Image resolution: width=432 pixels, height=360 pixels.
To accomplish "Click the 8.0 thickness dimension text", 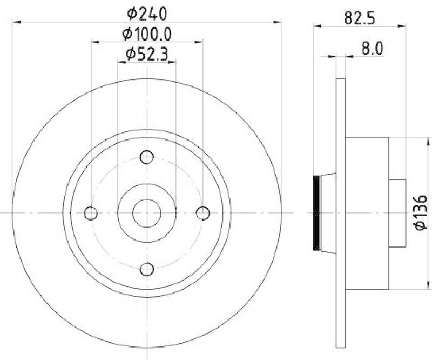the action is tap(372, 49).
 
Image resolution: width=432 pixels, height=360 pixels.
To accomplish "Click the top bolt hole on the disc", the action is tap(147, 157).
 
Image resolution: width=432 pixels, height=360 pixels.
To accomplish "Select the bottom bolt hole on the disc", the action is tap(147, 269).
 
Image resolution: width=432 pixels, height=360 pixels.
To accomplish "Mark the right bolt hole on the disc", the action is tap(202, 213).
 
